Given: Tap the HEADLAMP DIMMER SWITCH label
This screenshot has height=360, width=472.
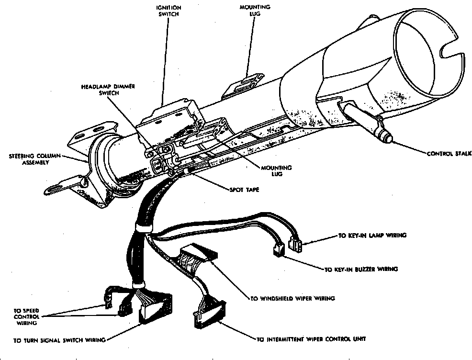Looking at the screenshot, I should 108,90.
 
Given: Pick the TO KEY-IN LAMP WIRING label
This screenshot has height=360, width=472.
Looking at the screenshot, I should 372,236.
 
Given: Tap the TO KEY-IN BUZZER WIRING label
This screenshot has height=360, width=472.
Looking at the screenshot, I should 360,270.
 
